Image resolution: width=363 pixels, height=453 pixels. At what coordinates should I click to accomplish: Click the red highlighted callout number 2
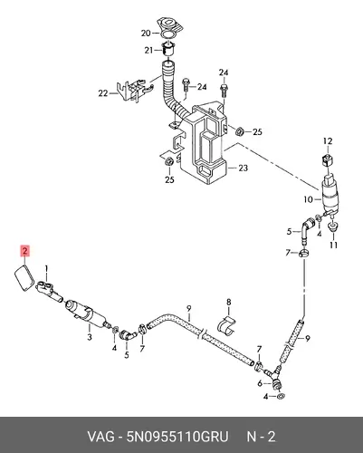pyautogui.click(x=25, y=251)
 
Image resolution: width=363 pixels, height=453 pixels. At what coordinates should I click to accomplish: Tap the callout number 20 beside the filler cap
pyautogui.click(x=146, y=33)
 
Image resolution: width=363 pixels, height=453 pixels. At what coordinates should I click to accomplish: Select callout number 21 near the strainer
pyautogui.click(x=148, y=50)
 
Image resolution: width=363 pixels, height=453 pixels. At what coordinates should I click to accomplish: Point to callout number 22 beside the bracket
pyautogui.click(x=103, y=93)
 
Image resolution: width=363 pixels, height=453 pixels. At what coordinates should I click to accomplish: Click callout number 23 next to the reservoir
pyautogui.click(x=243, y=168)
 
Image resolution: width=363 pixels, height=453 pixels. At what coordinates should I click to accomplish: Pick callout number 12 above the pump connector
pyautogui.click(x=328, y=141)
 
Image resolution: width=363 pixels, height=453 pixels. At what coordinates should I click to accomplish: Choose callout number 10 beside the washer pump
pyautogui.click(x=309, y=199)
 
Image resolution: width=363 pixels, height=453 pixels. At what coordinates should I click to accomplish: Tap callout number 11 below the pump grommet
pyautogui.click(x=333, y=245)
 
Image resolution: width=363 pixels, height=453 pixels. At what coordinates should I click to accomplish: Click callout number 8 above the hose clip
pyautogui.click(x=229, y=302)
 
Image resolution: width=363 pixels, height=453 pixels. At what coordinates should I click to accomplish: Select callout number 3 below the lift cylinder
pyautogui.click(x=90, y=337)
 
